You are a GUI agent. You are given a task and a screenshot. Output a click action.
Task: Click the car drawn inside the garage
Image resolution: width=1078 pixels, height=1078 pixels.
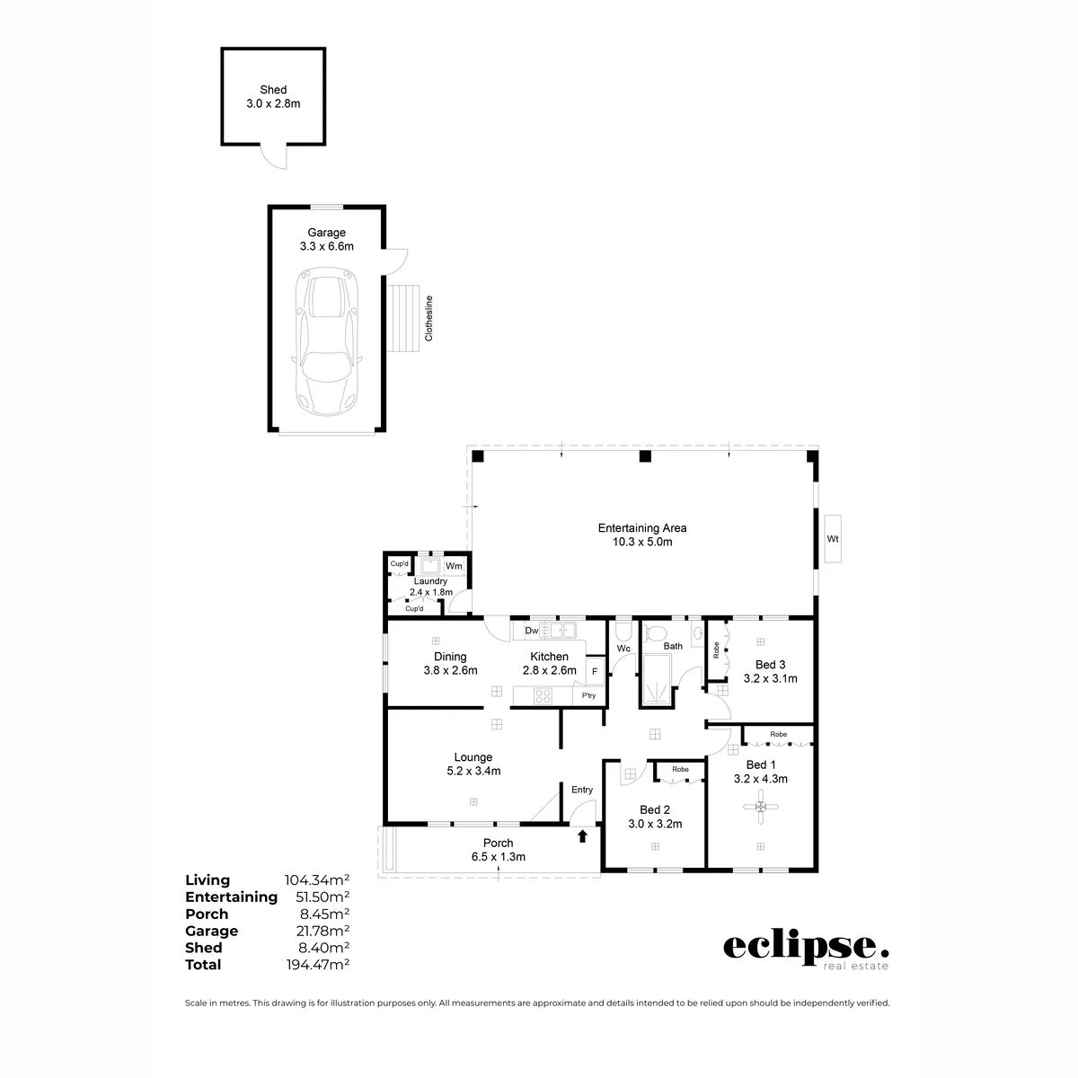click(x=327, y=341)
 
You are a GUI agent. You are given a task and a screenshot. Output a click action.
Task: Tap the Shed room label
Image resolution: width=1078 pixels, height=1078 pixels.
click(x=273, y=90)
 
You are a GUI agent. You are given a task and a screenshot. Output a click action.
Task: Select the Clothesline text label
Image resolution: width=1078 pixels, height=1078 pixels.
click(x=429, y=318)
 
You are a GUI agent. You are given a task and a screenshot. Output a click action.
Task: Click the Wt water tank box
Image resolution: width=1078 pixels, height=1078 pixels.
click(x=833, y=539)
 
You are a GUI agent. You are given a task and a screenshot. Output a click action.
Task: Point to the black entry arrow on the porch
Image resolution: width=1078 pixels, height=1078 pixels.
click(x=582, y=835)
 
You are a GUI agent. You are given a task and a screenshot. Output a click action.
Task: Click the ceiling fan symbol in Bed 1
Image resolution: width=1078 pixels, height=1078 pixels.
click(x=760, y=806)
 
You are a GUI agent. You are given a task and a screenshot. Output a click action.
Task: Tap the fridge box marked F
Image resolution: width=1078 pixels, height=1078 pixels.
click(x=595, y=671)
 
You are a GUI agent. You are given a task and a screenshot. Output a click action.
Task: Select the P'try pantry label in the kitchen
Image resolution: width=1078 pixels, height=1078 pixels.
click(x=588, y=695)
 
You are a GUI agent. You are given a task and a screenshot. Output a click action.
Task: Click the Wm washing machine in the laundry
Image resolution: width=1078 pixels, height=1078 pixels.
click(x=454, y=566)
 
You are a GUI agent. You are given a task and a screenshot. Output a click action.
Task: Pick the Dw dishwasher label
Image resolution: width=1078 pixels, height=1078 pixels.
click(x=532, y=631)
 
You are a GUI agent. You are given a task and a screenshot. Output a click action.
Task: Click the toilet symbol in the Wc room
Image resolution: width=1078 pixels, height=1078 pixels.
click(x=623, y=631)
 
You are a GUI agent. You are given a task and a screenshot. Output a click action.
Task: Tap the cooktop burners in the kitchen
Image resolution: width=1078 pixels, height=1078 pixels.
click(x=543, y=696)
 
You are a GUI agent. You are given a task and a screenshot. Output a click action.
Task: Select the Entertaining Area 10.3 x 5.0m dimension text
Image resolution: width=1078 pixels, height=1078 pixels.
click(x=642, y=542)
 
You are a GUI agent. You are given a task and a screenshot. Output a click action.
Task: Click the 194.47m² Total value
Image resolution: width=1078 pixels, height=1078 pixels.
click(x=318, y=965)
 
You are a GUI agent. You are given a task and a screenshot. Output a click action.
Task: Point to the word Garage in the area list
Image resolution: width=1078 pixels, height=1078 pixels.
click(x=211, y=931)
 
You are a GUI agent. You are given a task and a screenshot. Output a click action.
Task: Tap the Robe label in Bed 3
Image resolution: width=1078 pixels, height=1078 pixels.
click(x=716, y=650)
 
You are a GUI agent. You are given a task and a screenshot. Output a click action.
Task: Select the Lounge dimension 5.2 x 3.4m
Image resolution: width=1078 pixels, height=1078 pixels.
click(x=473, y=771)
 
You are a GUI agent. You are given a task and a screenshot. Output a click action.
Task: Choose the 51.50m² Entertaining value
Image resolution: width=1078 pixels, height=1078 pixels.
click(x=323, y=897)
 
